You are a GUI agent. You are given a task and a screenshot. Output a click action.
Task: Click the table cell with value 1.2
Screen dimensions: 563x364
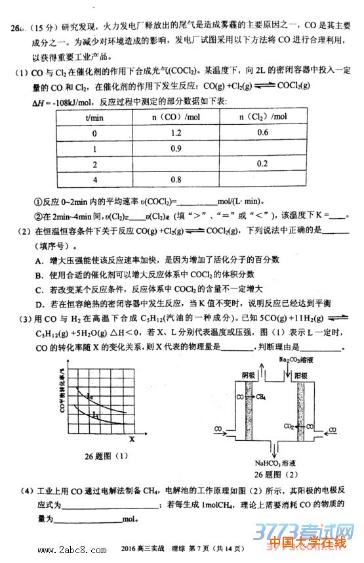pyautogui.click(x=176, y=133)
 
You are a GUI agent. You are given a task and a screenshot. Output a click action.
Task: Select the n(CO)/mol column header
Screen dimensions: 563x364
pyautogui.click(x=176, y=117)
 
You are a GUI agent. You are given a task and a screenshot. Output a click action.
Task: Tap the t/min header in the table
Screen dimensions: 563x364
pyautogui.click(x=94, y=117)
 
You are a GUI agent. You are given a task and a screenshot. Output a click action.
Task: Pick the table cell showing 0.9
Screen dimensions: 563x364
pyautogui.click(x=176, y=148)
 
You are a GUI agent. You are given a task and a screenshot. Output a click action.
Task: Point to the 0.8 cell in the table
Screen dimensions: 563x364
pyautogui.click(x=176, y=178)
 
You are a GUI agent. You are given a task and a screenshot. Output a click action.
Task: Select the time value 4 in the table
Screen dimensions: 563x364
pyautogui.click(x=94, y=178)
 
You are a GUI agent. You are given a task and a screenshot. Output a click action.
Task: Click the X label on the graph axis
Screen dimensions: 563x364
pyautogui.click(x=131, y=438)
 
